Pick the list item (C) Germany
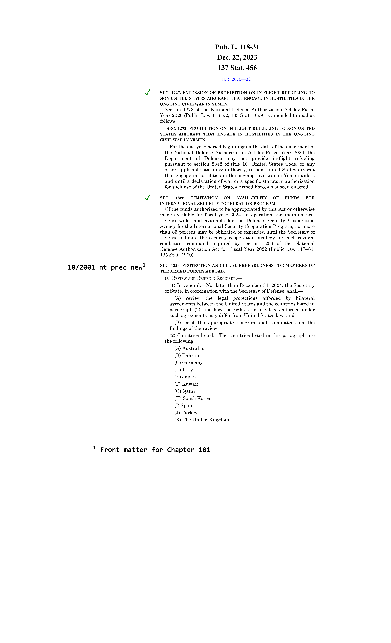(x=189, y=363)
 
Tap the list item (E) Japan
(x=186, y=377)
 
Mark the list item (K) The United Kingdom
(x=202, y=420)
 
